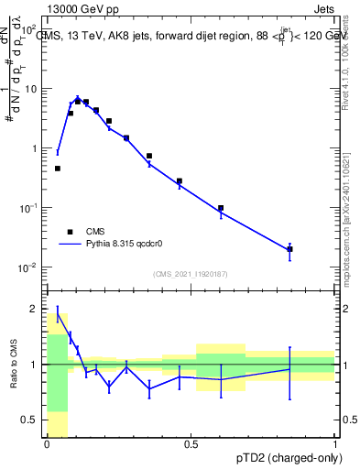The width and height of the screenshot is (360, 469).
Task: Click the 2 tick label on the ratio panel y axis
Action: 33,308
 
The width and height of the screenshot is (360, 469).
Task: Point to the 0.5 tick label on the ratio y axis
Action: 29,420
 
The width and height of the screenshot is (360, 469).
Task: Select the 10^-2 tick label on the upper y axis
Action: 30,267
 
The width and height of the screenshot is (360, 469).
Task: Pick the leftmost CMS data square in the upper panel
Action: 58,169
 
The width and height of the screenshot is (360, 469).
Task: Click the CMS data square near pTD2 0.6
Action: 221,208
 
